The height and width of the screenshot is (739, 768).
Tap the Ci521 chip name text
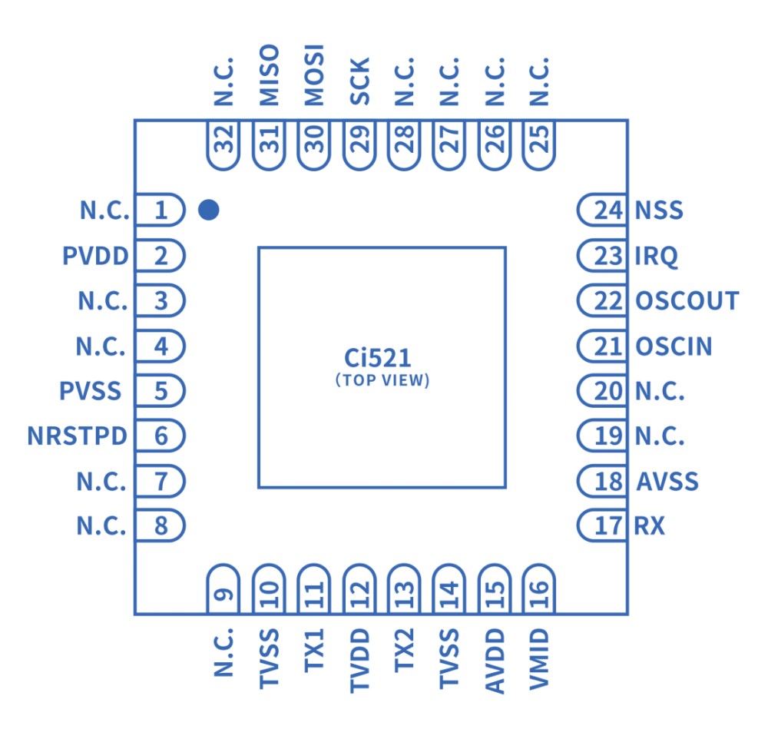(377, 359)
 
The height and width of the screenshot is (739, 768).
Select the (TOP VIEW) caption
(382, 380)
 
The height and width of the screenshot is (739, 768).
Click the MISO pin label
(269, 75)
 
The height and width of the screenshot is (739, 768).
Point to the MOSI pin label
(314, 75)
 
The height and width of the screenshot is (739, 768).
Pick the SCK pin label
(359, 82)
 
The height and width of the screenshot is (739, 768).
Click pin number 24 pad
(604, 210)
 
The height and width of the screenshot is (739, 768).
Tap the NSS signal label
(659, 210)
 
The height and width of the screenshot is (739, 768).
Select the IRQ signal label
(657, 256)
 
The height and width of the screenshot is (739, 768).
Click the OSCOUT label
(687, 301)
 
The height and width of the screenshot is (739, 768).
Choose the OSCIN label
(674, 346)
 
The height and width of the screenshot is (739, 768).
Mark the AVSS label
(667, 482)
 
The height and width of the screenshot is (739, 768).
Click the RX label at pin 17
(650, 527)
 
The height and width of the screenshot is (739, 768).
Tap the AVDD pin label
(495, 661)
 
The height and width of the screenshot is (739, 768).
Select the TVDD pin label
(359, 661)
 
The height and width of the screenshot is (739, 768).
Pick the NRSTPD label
(77, 437)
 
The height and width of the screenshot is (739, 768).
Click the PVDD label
(95, 256)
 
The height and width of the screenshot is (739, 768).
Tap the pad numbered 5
(161, 392)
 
